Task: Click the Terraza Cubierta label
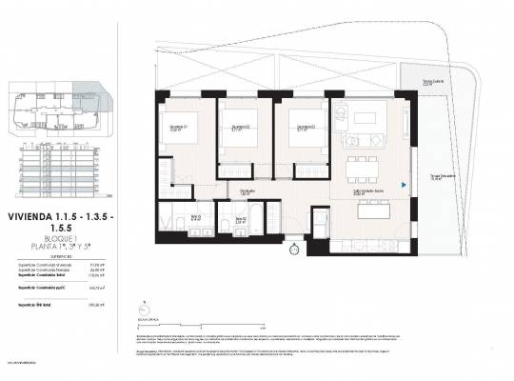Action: point(419,82)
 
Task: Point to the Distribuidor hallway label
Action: point(247,190)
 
